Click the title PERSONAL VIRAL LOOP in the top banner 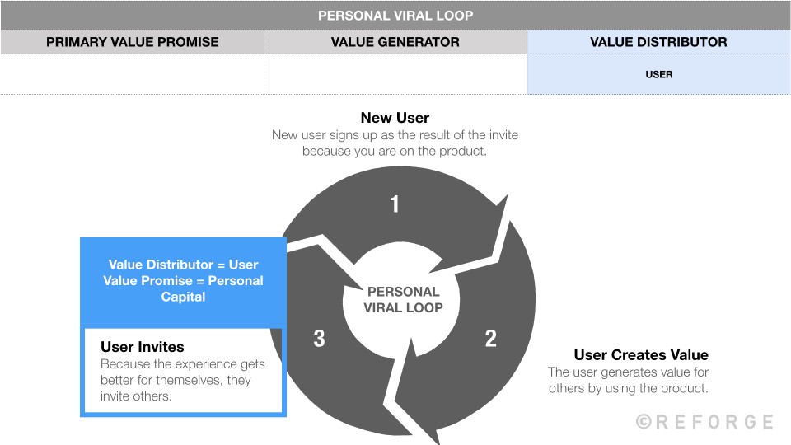395,16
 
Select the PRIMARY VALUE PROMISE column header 132,42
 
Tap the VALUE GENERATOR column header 395,42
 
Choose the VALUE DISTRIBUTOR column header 658,42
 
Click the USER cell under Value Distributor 658,74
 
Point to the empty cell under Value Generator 395,74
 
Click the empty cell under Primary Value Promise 132,74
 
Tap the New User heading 395,118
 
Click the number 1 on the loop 395,204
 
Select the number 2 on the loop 491,338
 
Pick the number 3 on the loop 318,338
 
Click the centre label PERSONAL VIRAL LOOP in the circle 403,300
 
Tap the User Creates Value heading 640,355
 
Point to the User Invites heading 142,347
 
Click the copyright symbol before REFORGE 644,422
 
